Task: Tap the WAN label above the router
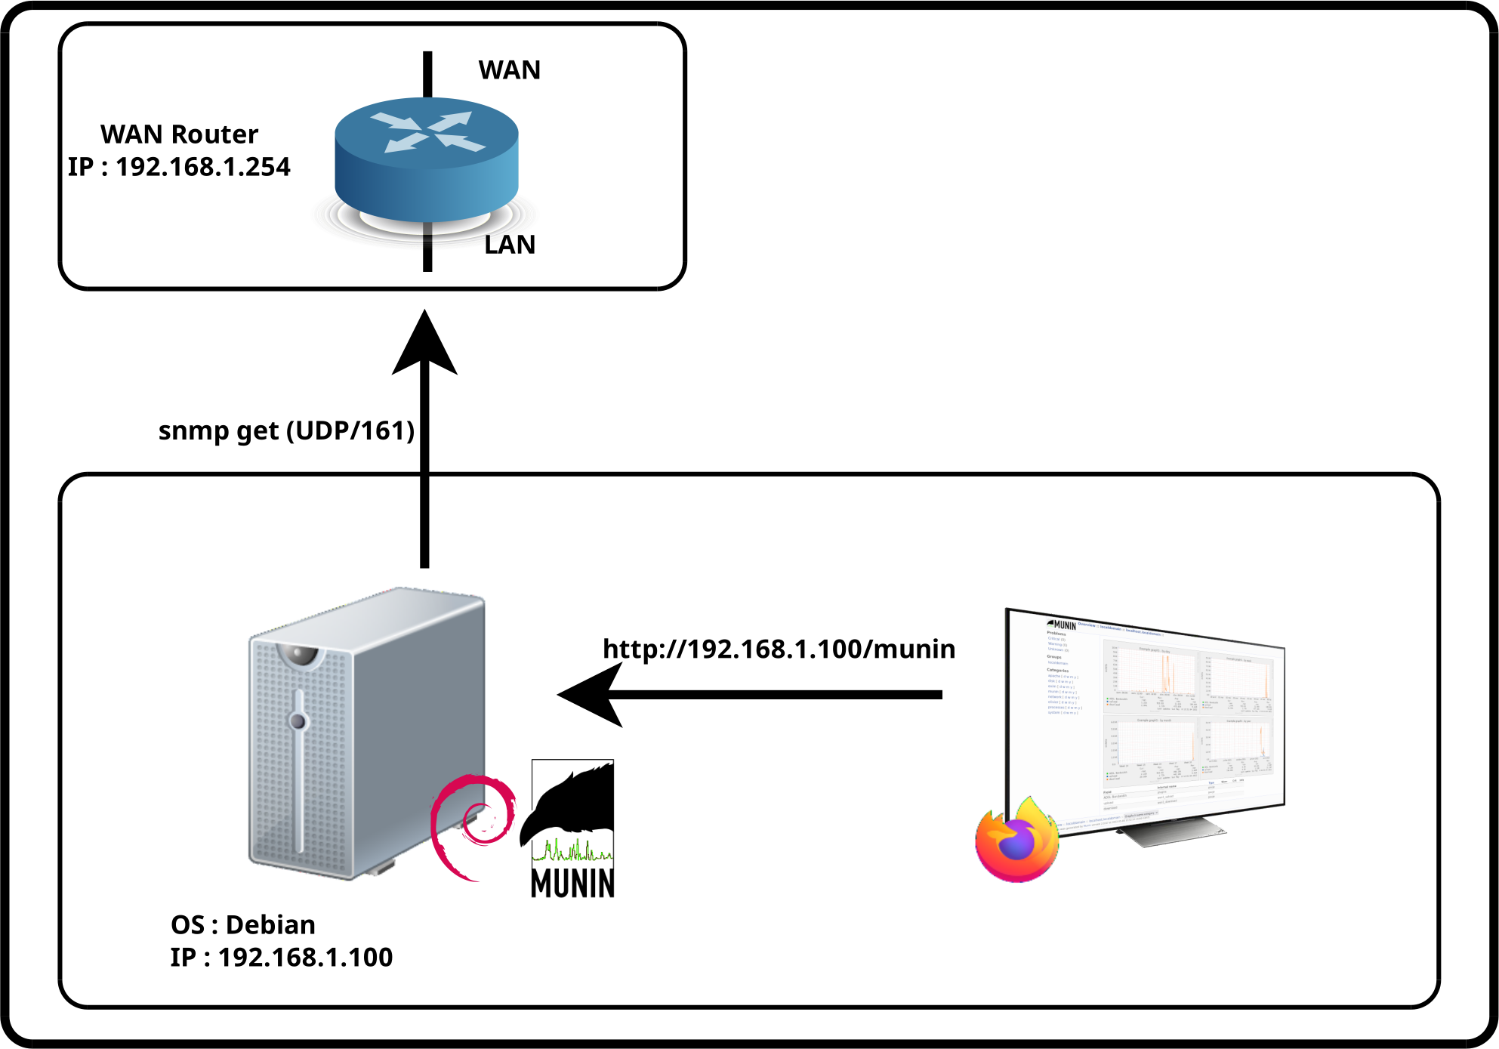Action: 510,70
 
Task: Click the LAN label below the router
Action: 510,245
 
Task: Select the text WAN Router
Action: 180,134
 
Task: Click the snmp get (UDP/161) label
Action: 287,430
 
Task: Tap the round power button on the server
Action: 299,721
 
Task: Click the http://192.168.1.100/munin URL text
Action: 779,649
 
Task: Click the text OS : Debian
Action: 243,925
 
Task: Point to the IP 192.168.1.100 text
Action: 282,958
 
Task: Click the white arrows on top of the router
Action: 428,132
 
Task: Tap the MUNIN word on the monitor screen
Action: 1063,625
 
